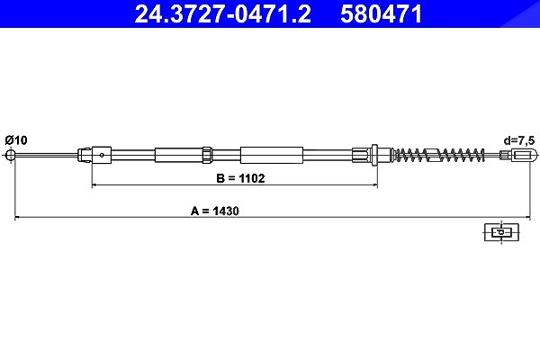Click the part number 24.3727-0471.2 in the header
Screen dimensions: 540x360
coord(223,13)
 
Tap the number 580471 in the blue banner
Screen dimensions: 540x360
coord(382,13)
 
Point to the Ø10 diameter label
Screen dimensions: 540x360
coord(16,140)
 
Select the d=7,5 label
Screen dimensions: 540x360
coord(519,140)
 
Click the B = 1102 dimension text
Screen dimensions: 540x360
coord(240,178)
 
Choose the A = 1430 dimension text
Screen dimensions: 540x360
coord(215,211)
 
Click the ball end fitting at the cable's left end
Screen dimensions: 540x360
coord(11,155)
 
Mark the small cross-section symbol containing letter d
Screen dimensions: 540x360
coord(501,232)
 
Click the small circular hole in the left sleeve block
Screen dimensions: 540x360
coord(102,155)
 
